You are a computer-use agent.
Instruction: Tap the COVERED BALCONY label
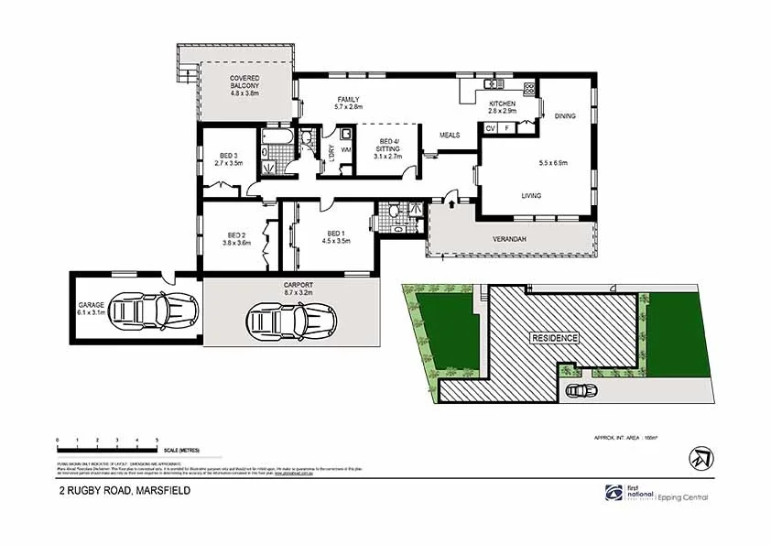click(x=244, y=85)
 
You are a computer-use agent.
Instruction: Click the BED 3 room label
click(x=228, y=156)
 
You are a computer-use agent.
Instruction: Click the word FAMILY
click(x=348, y=99)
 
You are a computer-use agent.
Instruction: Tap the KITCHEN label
click(x=502, y=104)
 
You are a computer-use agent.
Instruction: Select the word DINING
click(x=565, y=115)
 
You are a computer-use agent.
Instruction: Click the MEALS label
click(x=449, y=135)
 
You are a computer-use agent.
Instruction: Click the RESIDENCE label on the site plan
click(x=555, y=337)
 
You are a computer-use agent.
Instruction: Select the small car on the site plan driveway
click(x=581, y=390)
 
